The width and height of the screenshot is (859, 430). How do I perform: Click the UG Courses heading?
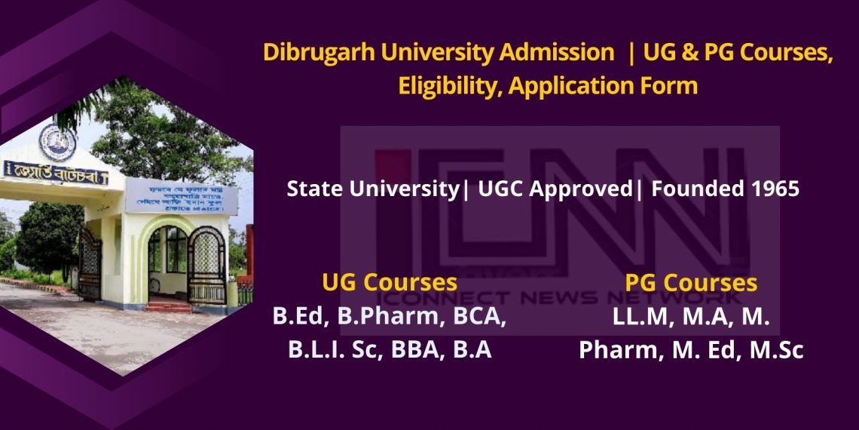pos(389,283)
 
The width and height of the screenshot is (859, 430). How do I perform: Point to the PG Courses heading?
pos(690,283)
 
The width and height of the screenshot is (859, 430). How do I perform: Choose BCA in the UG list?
pos(480,317)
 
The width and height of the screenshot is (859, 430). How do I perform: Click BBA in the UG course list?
pos(421,350)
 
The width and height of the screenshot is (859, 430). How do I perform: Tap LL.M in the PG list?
pos(641,317)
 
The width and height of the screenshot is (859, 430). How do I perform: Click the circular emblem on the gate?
pos(57,140)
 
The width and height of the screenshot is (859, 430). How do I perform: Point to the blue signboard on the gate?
pos(181,198)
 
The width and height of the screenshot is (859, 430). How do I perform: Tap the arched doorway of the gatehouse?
pos(167,256)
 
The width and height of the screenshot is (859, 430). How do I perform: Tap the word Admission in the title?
pos(560,53)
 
